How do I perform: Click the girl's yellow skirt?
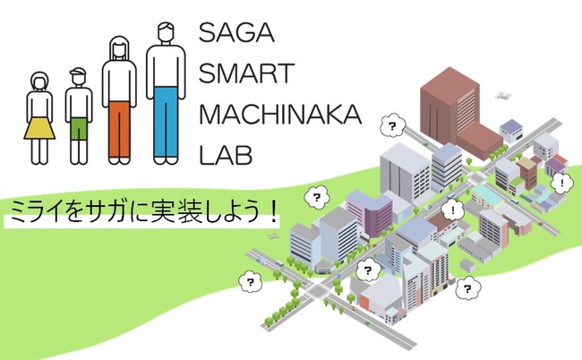click(39, 125)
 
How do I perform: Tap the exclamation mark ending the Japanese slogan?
click(271, 212)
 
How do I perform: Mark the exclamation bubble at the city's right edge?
click(562, 184)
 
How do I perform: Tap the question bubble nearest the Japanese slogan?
click(315, 196)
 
